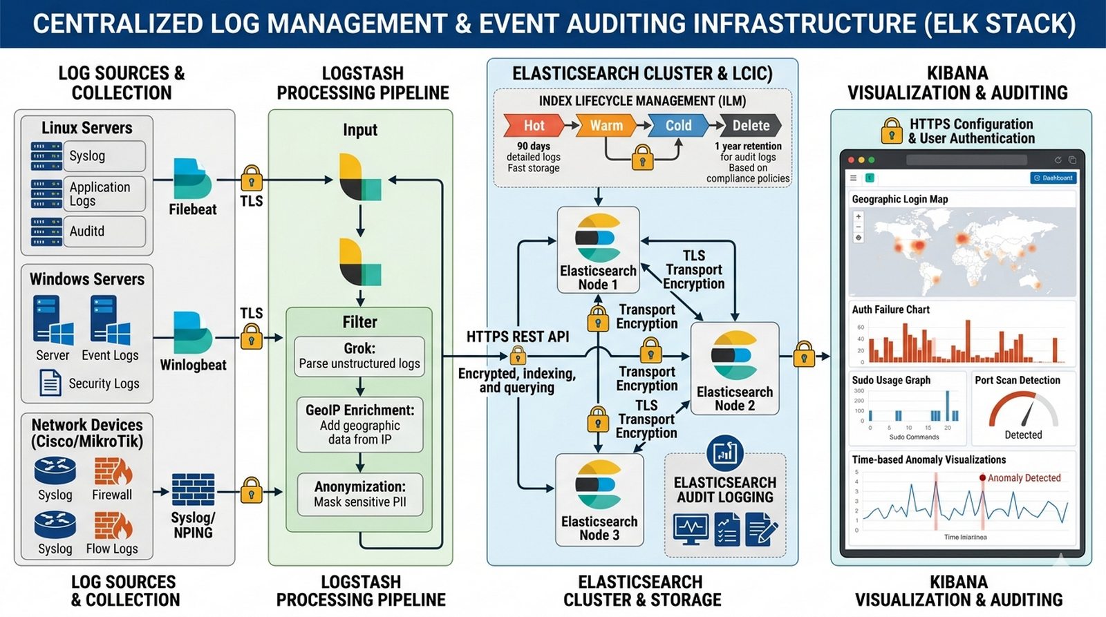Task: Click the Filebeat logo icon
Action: (x=192, y=179)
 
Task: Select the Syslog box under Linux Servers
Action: (x=104, y=156)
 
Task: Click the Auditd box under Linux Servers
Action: (x=104, y=231)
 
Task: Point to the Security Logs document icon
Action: (x=50, y=383)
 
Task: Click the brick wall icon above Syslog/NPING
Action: (x=193, y=490)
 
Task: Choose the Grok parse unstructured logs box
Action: (x=359, y=356)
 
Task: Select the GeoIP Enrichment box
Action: (x=359, y=424)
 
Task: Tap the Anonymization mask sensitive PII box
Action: (x=359, y=494)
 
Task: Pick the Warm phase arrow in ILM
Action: (x=606, y=126)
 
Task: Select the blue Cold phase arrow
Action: (x=678, y=126)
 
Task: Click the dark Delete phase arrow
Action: (x=751, y=126)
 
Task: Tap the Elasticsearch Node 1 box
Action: (x=598, y=250)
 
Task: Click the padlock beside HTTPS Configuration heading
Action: (x=892, y=131)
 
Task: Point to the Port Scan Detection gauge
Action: (x=1023, y=411)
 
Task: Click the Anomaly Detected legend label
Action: (x=1024, y=478)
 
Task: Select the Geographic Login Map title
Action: (x=900, y=199)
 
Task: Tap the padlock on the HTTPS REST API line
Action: (x=518, y=356)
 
